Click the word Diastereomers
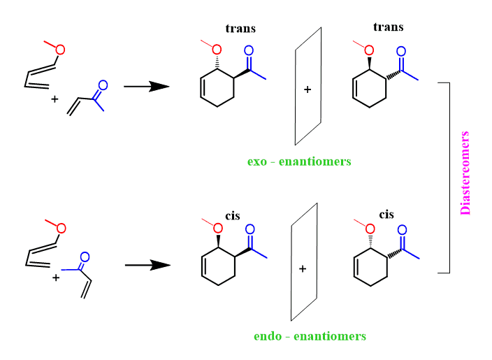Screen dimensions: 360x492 coord(465,172)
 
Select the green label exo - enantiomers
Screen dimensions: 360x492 coord(299,161)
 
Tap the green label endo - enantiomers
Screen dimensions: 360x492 coord(310,336)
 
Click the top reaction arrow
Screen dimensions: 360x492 coord(147,86)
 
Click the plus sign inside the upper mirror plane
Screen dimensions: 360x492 coord(307,89)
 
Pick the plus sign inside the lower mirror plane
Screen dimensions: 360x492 coord(303,269)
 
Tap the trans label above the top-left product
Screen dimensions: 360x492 coord(240,29)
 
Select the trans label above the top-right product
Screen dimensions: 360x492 coord(389,27)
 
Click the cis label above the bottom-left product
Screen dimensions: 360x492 coord(232,216)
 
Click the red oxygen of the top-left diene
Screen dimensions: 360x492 coord(60,50)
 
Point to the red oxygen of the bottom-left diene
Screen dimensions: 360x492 coord(61,229)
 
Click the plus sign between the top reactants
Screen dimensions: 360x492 coord(55,99)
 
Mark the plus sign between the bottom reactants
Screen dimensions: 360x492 coord(55,278)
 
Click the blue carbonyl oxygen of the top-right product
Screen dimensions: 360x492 coord(400,51)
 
